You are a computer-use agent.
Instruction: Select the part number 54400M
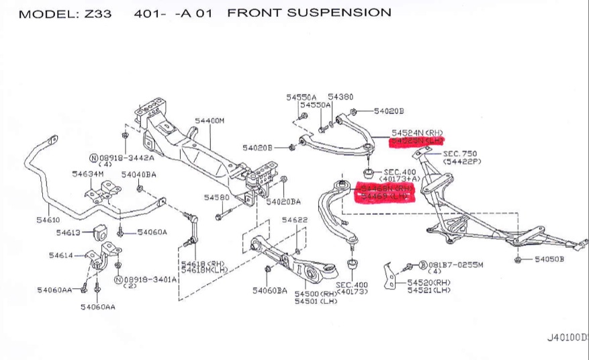(210, 121)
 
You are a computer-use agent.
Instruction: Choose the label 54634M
(88, 174)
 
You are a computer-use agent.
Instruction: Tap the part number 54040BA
(139, 175)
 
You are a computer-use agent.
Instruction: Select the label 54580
(217, 197)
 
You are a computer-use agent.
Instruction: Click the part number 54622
(295, 220)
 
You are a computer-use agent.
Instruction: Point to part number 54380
(341, 97)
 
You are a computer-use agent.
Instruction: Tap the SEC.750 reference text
(460, 154)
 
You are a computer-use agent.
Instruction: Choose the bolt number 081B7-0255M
(455, 265)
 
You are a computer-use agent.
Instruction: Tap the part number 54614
(61, 255)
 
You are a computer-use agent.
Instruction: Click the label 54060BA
(270, 290)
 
